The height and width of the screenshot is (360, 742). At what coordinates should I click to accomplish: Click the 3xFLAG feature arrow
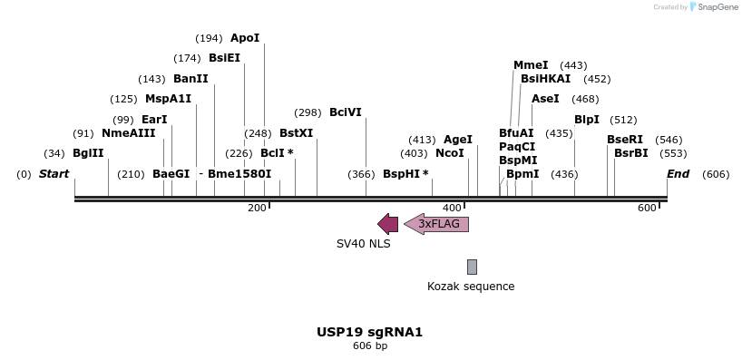436,224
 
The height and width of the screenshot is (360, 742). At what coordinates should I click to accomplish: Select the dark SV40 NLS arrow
387,224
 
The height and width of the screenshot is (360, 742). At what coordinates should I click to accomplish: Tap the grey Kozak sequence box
472,267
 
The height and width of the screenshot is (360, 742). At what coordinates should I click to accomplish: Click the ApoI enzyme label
245,38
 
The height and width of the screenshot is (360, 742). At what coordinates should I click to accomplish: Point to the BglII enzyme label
88,153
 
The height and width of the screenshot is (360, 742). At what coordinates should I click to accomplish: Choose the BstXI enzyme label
296,133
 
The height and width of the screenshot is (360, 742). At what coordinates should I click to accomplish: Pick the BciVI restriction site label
346,112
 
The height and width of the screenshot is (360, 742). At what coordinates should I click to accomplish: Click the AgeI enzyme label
458,140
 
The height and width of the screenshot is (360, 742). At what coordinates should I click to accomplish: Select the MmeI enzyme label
531,65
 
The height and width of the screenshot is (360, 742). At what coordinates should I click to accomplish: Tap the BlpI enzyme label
587,120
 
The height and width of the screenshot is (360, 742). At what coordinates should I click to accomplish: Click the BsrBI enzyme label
631,153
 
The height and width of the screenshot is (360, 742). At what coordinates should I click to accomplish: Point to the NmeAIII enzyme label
128,133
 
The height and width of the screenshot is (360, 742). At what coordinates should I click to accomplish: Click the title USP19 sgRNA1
370,332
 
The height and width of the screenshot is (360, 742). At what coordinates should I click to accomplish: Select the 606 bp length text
370,345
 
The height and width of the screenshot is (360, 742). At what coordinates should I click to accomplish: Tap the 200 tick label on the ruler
257,209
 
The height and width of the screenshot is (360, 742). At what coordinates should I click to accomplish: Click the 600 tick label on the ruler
647,209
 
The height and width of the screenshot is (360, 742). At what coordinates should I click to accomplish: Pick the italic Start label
54,173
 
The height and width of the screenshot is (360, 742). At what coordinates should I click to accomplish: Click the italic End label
679,173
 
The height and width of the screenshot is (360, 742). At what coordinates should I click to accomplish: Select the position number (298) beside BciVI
308,113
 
